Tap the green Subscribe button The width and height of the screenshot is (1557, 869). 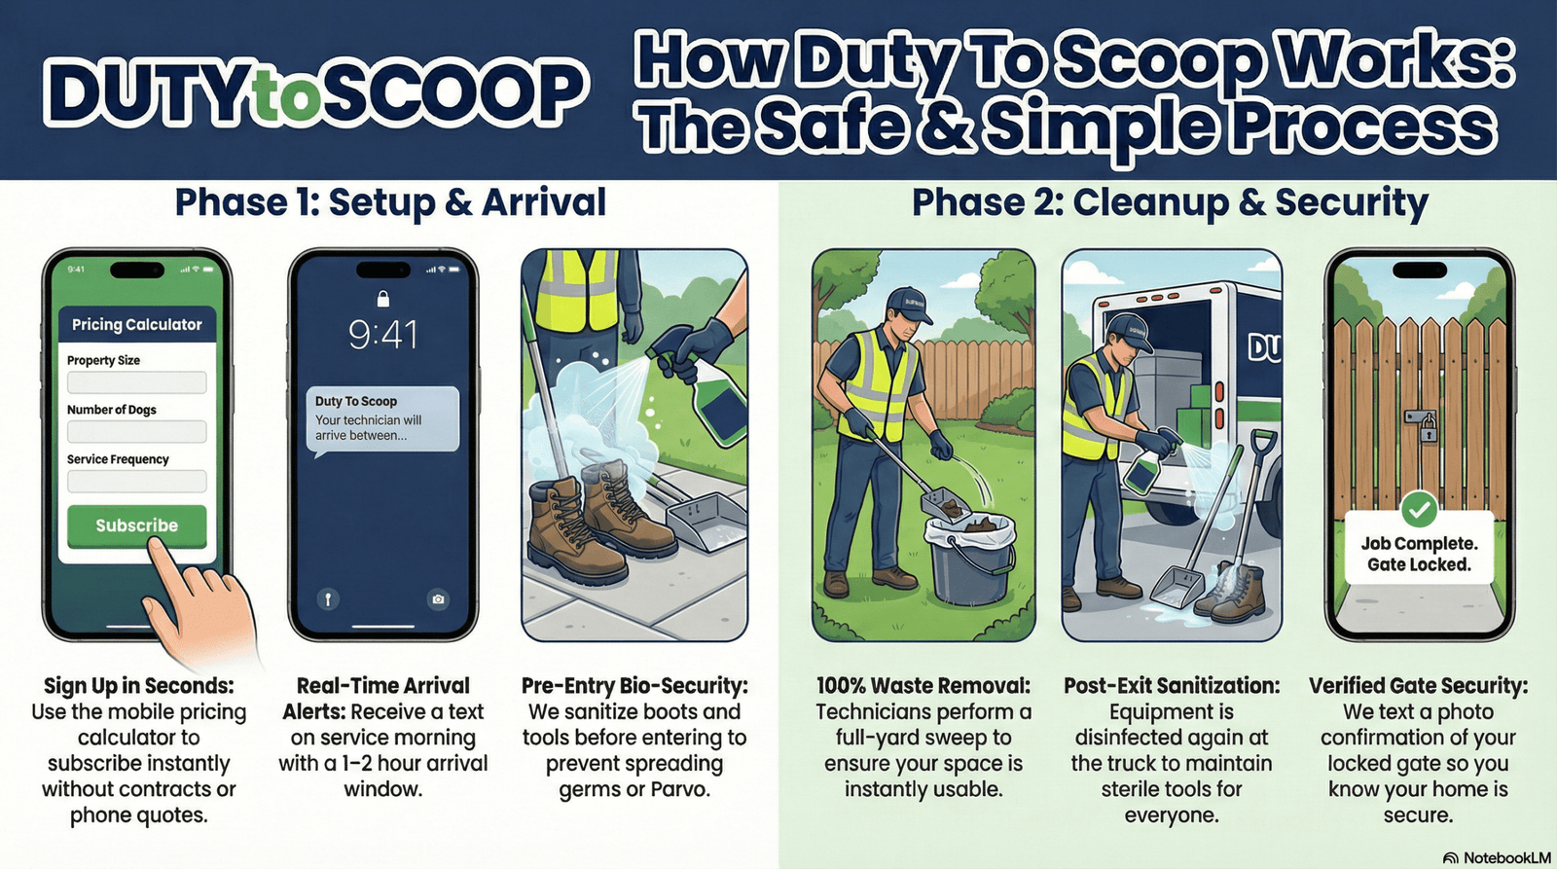[137, 525]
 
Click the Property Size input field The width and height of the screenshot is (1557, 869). [137, 382]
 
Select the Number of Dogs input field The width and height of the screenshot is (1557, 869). [137, 432]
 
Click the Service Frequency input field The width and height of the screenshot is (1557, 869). [137, 481]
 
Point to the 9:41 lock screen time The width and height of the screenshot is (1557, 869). [383, 335]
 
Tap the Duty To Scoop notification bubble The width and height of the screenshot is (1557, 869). [383, 419]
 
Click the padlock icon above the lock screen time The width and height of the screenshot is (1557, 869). [383, 299]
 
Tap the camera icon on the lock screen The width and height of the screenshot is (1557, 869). [438, 598]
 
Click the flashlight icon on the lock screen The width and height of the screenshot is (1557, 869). [328, 598]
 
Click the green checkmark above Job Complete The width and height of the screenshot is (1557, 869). [1419, 510]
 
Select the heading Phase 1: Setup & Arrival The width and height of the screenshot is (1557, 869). [390, 203]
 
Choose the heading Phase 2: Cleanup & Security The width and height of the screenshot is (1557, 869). [1170, 203]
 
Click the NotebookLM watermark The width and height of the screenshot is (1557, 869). [1498, 858]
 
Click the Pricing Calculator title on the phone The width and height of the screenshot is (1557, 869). [137, 325]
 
